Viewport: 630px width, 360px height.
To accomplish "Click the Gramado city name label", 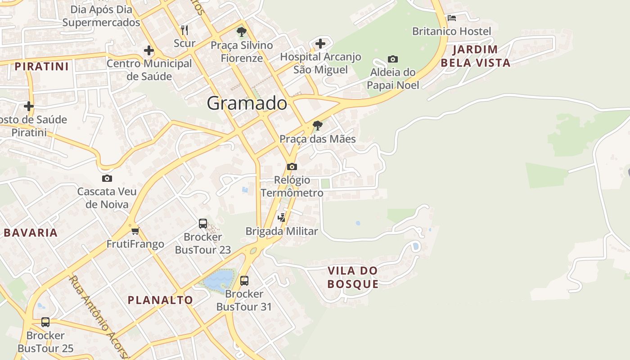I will click(x=247, y=103).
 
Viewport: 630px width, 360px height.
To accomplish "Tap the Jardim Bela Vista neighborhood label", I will click(x=476, y=56).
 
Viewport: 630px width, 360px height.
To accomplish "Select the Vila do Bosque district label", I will click(x=353, y=277).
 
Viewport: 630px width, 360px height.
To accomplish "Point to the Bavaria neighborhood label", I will click(x=31, y=233).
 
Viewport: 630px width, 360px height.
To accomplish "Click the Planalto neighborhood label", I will click(x=160, y=300).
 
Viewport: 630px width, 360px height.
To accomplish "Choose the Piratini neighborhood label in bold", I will click(x=42, y=67).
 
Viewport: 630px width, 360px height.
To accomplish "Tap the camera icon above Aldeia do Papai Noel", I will click(x=393, y=59).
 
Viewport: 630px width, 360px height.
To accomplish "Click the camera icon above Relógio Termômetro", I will click(x=292, y=166).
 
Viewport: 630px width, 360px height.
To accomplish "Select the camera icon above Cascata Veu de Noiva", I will click(x=107, y=178).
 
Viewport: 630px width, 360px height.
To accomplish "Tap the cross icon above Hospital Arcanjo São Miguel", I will click(x=320, y=44).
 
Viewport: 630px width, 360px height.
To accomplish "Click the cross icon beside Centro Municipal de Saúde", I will click(x=149, y=50).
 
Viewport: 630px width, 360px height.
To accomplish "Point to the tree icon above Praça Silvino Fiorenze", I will click(x=242, y=32).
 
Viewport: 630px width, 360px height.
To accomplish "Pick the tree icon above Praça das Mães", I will click(x=318, y=126).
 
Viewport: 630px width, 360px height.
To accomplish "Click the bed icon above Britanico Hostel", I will click(x=452, y=18).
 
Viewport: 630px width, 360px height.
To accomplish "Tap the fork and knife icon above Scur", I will click(x=184, y=30).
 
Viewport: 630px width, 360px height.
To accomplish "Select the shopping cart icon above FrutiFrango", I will click(x=135, y=231).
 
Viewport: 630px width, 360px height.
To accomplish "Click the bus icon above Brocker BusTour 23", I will click(x=203, y=224).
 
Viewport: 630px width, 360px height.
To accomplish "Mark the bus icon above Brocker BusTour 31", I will click(x=244, y=281).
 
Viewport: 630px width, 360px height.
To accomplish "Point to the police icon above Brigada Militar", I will click(x=282, y=218).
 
